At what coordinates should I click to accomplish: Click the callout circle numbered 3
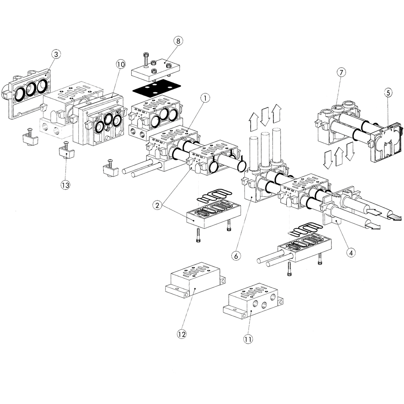56,54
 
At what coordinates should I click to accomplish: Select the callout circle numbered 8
178,41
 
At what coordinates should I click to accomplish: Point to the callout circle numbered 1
205,98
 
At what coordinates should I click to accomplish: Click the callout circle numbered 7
341,73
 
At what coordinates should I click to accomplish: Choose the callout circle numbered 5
388,92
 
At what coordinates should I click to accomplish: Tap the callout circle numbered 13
65,185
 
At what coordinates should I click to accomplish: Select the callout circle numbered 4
351,252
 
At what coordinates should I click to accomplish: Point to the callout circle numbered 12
182,334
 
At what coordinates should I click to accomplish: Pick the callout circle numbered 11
248,339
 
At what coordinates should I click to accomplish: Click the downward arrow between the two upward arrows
265,116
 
